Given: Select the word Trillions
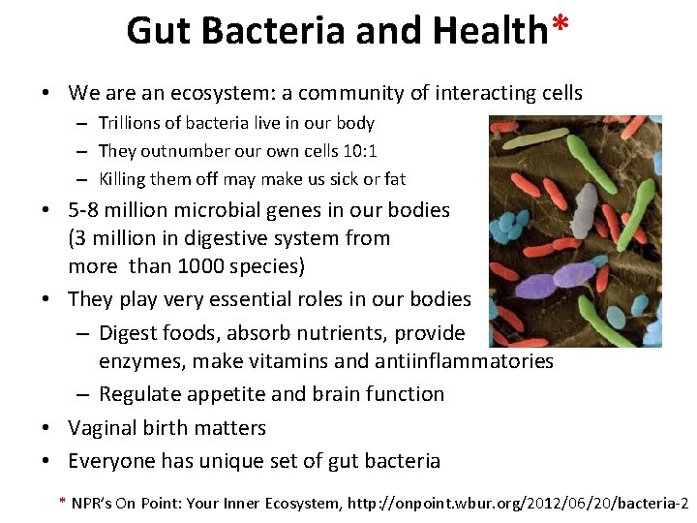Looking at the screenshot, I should coord(136,123).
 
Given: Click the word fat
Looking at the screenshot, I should coord(394,179).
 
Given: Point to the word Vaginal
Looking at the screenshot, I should coord(104,428).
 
